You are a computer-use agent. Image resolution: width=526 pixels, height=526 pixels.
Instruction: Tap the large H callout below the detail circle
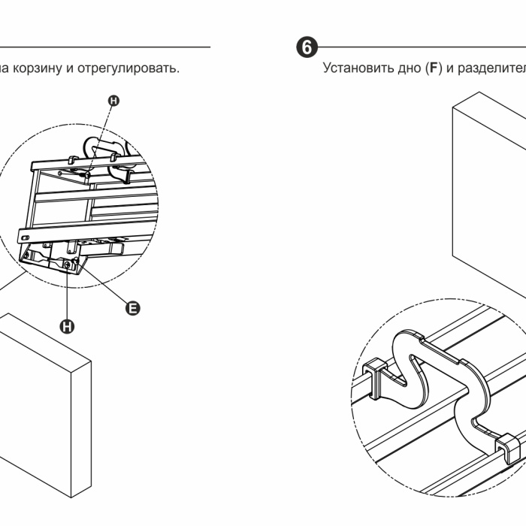pyautogui.click(x=68, y=325)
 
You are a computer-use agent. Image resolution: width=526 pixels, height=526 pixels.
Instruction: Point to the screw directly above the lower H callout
pyautogui.click(x=68, y=264)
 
